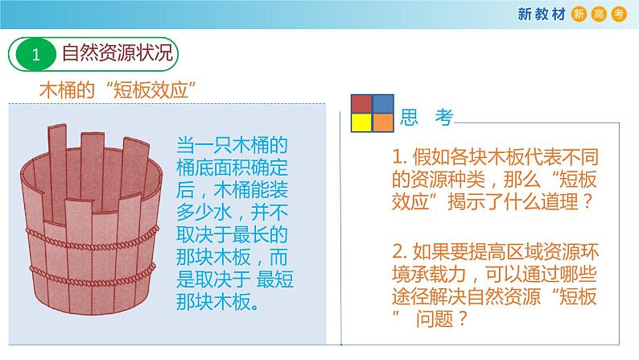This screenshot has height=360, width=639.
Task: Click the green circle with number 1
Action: (x=35, y=55)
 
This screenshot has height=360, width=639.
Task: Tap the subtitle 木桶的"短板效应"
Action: (x=119, y=89)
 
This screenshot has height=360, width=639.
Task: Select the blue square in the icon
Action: (x=382, y=104)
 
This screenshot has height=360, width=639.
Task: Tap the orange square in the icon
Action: (x=382, y=122)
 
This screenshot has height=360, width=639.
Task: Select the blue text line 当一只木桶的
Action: (x=232, y=147)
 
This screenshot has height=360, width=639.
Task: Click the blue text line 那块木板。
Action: (x=221, y=304)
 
